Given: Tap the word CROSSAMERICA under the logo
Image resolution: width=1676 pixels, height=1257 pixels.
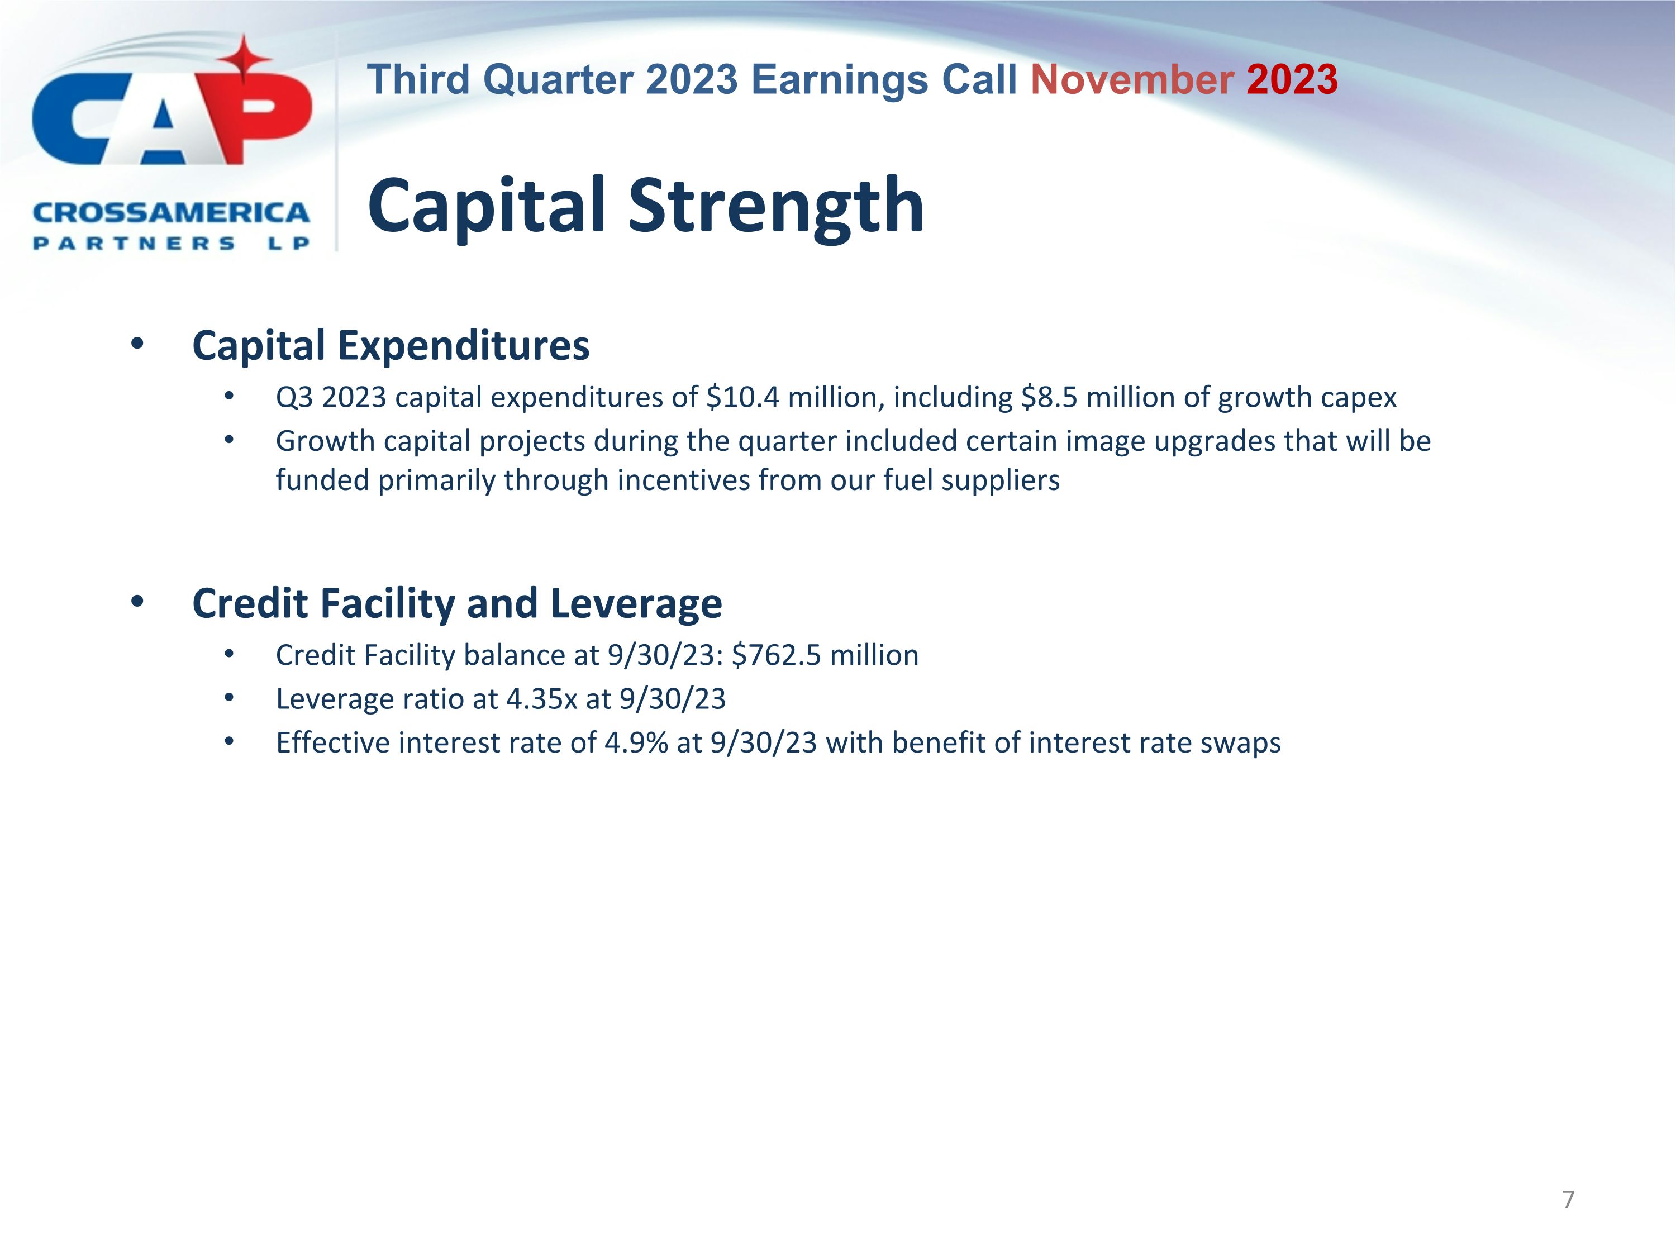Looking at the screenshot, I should coord(172,213).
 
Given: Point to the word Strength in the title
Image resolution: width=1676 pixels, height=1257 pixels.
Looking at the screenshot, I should coord(776,206).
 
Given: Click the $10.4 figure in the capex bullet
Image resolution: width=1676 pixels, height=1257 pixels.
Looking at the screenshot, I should coord(742,397).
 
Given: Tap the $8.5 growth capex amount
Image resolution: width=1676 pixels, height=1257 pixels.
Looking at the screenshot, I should coord(1049,397).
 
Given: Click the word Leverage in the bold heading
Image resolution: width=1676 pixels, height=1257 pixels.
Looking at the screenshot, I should coord(636,603).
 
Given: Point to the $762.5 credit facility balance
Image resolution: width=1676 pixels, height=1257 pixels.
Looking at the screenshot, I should coord(776,655).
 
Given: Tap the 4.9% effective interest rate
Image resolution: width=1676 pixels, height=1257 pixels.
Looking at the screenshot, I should coord(636,742).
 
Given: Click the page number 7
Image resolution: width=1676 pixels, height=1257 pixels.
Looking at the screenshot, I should coord(1568,1199).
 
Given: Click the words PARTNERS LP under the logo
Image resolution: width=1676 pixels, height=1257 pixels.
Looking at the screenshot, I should coord(172,243).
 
